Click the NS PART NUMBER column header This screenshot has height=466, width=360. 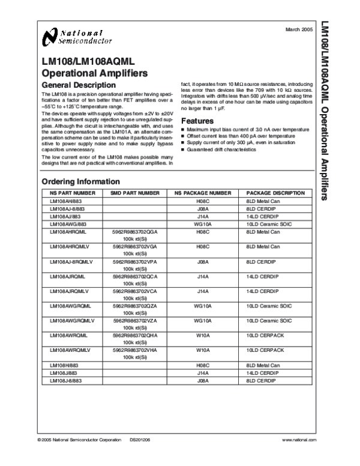[73, 193]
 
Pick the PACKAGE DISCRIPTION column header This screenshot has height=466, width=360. [275, 193]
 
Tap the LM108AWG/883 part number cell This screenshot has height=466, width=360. [68, 223]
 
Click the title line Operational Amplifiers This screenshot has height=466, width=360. [94, 74]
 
